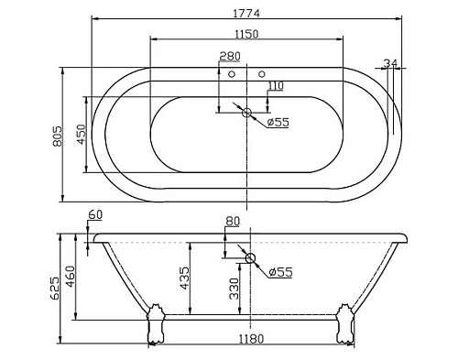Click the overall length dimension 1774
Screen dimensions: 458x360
[x=246, y=13]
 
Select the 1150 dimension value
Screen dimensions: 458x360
[x=246, y=34]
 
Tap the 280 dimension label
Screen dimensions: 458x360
[x=230, y=56]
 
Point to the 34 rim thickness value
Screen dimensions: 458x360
[x=390, y=63]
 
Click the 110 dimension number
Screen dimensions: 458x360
[x=276, y=86]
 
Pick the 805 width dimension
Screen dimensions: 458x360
[x=58, y=136]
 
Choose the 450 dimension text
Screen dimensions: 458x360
[x=82, y=134]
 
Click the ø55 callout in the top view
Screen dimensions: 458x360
[x=278, y=123]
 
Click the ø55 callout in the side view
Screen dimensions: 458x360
[x=281, y=271]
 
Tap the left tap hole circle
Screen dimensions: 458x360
[x=232, y=73]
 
